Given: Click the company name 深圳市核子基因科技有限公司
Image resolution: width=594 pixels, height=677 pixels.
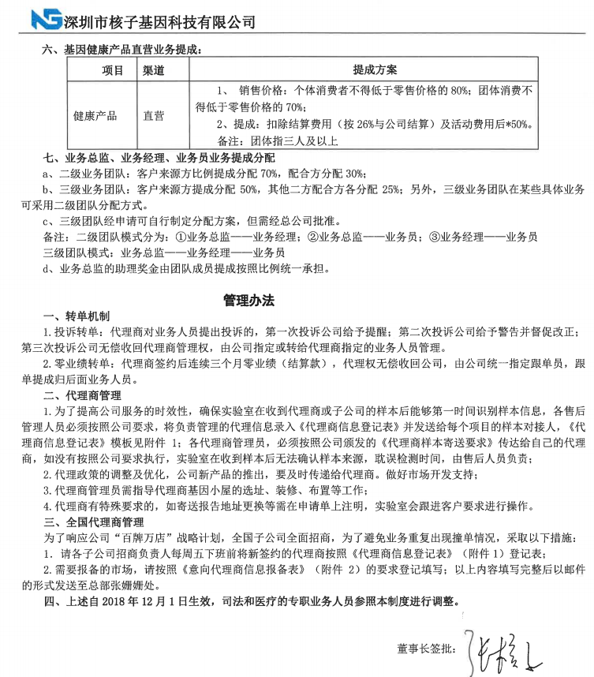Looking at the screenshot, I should tap(158, 21).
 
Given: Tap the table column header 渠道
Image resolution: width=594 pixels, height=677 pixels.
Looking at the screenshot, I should tap(153, 70).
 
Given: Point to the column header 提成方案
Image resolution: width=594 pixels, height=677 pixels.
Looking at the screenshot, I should tap(375, 70).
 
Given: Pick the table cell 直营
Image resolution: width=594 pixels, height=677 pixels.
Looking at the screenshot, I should tap(153, 115).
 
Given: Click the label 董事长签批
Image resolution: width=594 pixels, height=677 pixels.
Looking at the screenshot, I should tap(427, 649).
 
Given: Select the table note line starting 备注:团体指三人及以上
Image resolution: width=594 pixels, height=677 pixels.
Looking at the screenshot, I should tap(276, 141).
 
